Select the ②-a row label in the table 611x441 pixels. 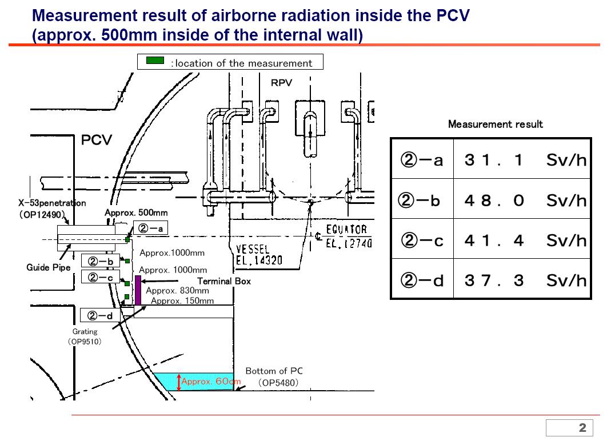422,161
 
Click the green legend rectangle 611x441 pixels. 155,61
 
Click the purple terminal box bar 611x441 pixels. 138,290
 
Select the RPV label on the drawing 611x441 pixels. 281,83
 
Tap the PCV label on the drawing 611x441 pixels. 97,140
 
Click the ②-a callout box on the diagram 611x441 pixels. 151,228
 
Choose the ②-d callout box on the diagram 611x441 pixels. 101,315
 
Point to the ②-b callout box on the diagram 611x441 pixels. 101,262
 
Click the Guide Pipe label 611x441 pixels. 49,267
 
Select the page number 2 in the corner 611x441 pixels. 582,428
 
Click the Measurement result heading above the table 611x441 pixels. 495,124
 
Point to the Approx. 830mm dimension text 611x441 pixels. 177,291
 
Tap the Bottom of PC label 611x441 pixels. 274,371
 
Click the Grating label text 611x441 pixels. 85,331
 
